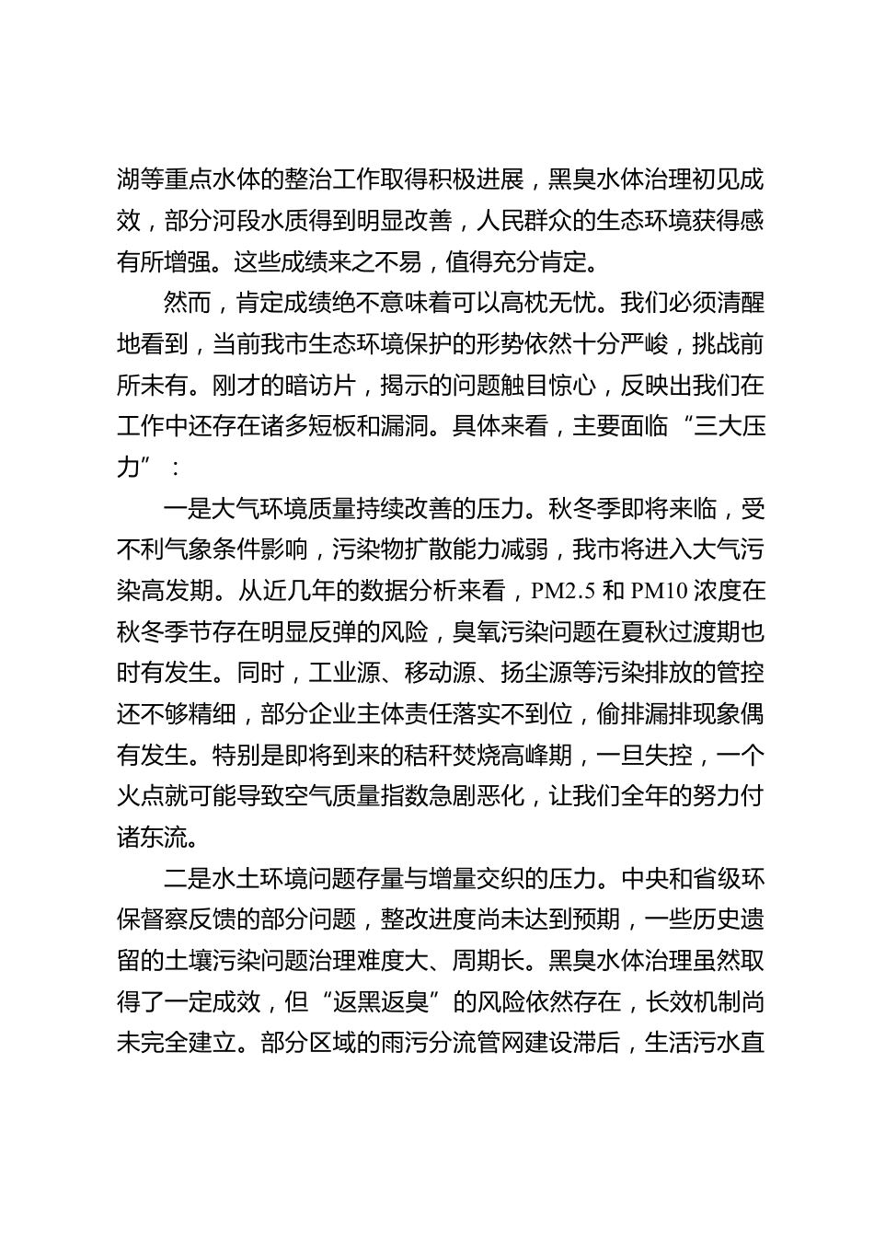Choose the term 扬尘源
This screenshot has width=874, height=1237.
pyautogui.click(x=535, y=674)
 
